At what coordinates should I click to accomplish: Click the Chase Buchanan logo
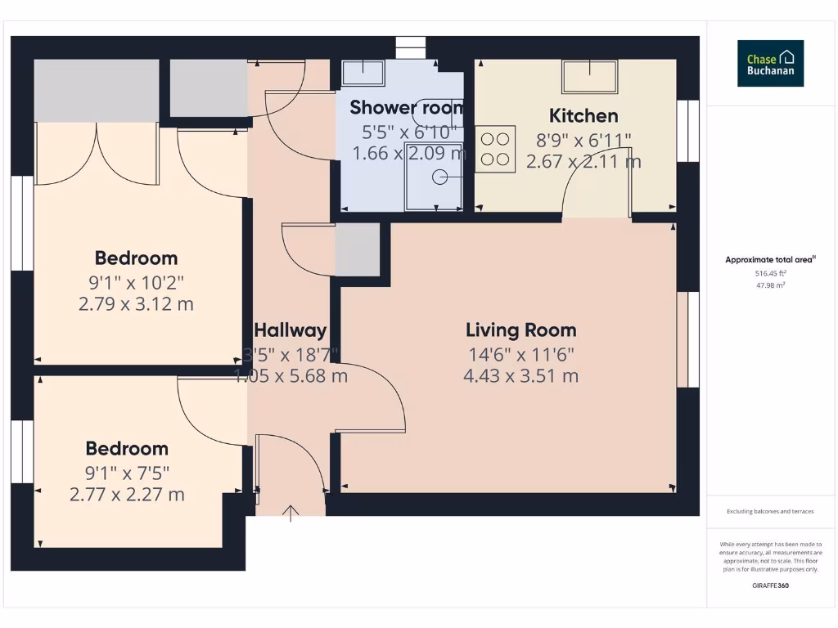pyautogui.click(x=770, y=64)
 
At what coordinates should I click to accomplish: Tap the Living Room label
pyautogui.click(x=520, y=330)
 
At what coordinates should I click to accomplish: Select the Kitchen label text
pyautogui.click(x=583, y=115)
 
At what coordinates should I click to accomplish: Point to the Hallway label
pyautogui.click(x=290, y=330)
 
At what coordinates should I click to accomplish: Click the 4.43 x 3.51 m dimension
pyautogui.click(x=520, y=376)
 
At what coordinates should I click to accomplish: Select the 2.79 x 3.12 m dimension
pyautogui.click(x=136, y=304)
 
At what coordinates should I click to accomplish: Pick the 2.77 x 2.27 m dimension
pyautogui.click(x=127, y=495)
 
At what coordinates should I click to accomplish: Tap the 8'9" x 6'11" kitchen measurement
pyautogui.click(x=583, y=139)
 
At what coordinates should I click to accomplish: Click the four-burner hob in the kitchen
pyautogui.click(x=495, y=149)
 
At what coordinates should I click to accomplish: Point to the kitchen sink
pyautogui.click(x=589, y=76)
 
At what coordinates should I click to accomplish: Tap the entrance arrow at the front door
pyautogui.click(x=291, y=513)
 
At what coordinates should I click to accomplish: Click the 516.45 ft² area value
pyautogui.click(x=770, y=274)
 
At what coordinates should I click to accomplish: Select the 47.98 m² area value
pyautogui.click(x=770, y=285)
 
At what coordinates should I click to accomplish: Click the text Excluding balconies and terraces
pyautogui.click(x=770, y=511)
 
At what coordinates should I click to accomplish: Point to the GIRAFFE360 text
pyautogui.click(x=770, y=585)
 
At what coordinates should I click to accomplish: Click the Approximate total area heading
pyautogui.click(x=770, y=260)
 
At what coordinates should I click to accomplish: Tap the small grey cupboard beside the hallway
pyautogui.click(x=358, y=249)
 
